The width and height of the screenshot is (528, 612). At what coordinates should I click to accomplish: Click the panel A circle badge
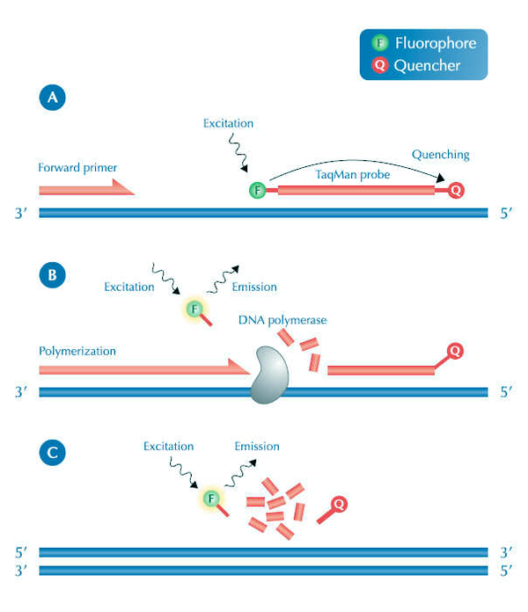click(x=52, y=98)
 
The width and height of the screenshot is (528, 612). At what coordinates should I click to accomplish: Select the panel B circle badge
click(x=52, y=274)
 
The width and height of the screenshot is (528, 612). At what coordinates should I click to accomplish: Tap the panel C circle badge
click(x=52, y=454)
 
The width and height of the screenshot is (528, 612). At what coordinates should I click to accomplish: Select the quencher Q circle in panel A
click(x=456, y=189)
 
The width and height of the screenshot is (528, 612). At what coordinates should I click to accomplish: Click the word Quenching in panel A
click(x=440, y=155)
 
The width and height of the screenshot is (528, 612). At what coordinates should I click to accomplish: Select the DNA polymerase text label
click(x=282, y=320)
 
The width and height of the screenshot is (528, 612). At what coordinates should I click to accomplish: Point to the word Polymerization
click(x=77, y=350)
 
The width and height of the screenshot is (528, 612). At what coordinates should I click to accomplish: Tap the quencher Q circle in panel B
click(x=455, y=351)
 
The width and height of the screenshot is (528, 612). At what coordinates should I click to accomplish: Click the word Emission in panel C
click(x=257, y=447)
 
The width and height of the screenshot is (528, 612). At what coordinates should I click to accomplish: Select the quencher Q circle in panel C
click(x=339, y=504)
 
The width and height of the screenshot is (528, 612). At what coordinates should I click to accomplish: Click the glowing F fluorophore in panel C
click(x=211, y=499)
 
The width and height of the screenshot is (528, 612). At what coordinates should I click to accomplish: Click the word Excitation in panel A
click(x=227, y=124)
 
